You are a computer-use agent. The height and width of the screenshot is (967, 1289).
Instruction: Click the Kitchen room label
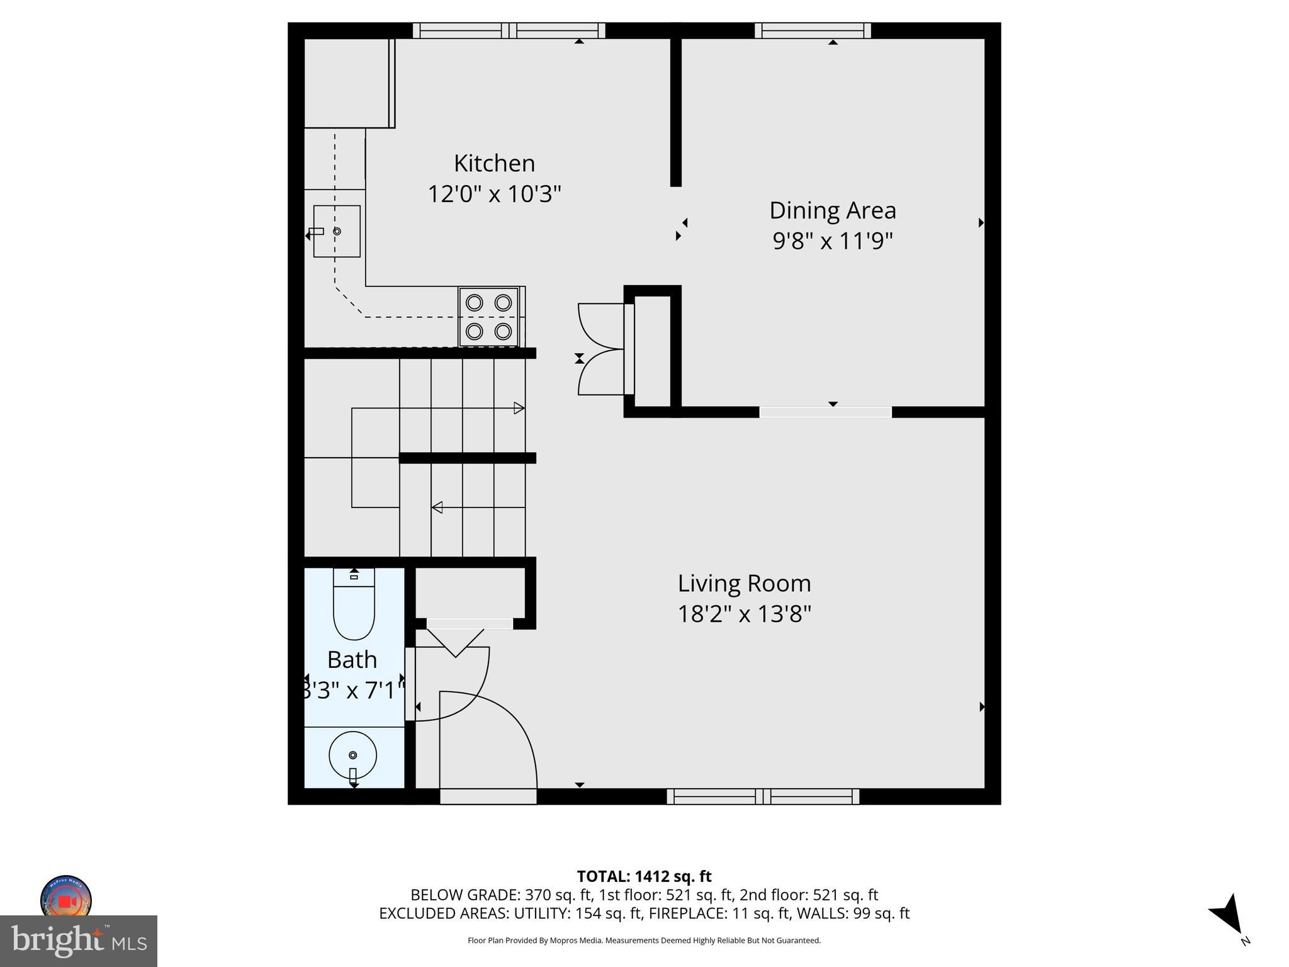(x=494, y=164)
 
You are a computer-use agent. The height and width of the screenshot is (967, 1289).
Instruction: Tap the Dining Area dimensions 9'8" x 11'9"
(x=832, y=240)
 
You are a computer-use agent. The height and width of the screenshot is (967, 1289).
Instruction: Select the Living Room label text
(x=744, y=584)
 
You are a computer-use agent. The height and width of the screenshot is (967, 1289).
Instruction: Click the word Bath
(x=352, y=660)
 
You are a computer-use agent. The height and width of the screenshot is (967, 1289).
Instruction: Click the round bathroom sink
(x=352, y=755)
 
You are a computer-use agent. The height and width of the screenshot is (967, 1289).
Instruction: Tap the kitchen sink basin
(x=337, y=231)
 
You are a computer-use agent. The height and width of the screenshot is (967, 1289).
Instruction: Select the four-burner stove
(x=488, y=317)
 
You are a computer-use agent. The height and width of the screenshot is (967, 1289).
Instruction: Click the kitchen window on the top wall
(x=509, y=30)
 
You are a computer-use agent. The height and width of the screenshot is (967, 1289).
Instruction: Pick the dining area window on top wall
(x=813, y=30)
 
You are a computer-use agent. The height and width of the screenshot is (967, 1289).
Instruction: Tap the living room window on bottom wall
(x=763, y=796)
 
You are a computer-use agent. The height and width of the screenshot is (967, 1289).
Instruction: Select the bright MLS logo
(x=79, y=941)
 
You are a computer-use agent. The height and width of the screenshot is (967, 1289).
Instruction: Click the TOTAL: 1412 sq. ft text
(x=644, y=876)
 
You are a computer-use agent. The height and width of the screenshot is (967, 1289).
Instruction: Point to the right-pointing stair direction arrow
(x=519, y=408)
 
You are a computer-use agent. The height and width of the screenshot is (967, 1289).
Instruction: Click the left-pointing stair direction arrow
(x=437, y=507)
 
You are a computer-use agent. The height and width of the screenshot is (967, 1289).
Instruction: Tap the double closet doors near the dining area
(x=601, y=349)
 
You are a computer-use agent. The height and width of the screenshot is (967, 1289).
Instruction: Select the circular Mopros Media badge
(x=66, y=899)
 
